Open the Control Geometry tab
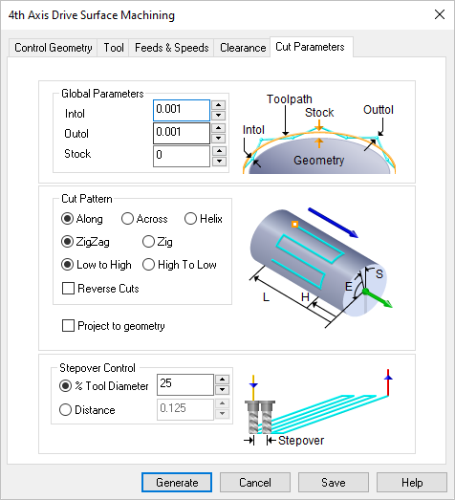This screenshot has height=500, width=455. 54,48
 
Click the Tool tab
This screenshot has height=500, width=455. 114,48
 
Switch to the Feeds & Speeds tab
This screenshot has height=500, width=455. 171,48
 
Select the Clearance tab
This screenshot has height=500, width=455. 242,48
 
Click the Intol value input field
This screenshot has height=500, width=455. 181,111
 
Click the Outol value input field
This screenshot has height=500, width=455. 181,133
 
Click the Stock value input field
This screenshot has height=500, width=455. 181,155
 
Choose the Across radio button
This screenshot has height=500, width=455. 127,219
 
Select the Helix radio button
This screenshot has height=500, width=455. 191,219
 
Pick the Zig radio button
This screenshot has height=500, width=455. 149,242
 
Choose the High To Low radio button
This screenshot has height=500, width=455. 149,265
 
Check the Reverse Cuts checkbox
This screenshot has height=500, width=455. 69,288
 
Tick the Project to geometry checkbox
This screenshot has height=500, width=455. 69,326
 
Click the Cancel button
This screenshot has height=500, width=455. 254,483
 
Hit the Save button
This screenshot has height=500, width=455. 333,483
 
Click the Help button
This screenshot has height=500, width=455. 411,483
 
